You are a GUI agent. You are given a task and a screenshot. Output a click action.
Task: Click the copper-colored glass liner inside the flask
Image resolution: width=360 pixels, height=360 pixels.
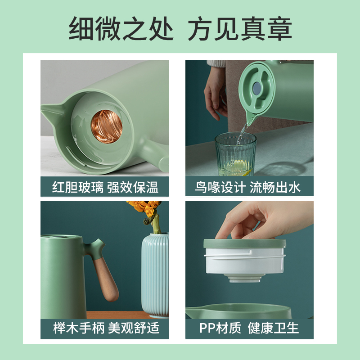107,126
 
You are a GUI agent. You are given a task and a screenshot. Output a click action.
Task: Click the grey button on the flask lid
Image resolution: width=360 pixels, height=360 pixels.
256,88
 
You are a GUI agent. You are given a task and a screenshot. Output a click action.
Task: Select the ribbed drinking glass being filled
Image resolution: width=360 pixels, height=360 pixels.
235,154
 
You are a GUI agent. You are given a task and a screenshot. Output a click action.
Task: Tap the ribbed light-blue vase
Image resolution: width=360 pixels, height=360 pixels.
155,275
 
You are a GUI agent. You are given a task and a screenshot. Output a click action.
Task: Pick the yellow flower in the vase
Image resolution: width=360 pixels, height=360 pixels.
144,208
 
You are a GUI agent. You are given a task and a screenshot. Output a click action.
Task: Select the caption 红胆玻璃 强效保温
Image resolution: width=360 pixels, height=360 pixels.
105,187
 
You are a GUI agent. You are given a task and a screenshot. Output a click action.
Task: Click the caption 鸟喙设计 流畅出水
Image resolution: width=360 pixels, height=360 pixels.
247,187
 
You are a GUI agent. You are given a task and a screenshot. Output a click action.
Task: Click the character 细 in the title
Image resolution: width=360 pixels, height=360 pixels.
82,28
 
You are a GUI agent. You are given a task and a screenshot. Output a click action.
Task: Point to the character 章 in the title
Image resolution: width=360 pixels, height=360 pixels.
279,28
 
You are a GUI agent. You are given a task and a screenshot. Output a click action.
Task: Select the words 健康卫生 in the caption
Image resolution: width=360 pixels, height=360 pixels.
273,328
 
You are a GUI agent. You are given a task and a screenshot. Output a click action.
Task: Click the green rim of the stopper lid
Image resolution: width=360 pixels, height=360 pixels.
245,243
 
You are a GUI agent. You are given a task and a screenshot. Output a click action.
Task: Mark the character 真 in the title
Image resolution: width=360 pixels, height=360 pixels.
253,28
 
